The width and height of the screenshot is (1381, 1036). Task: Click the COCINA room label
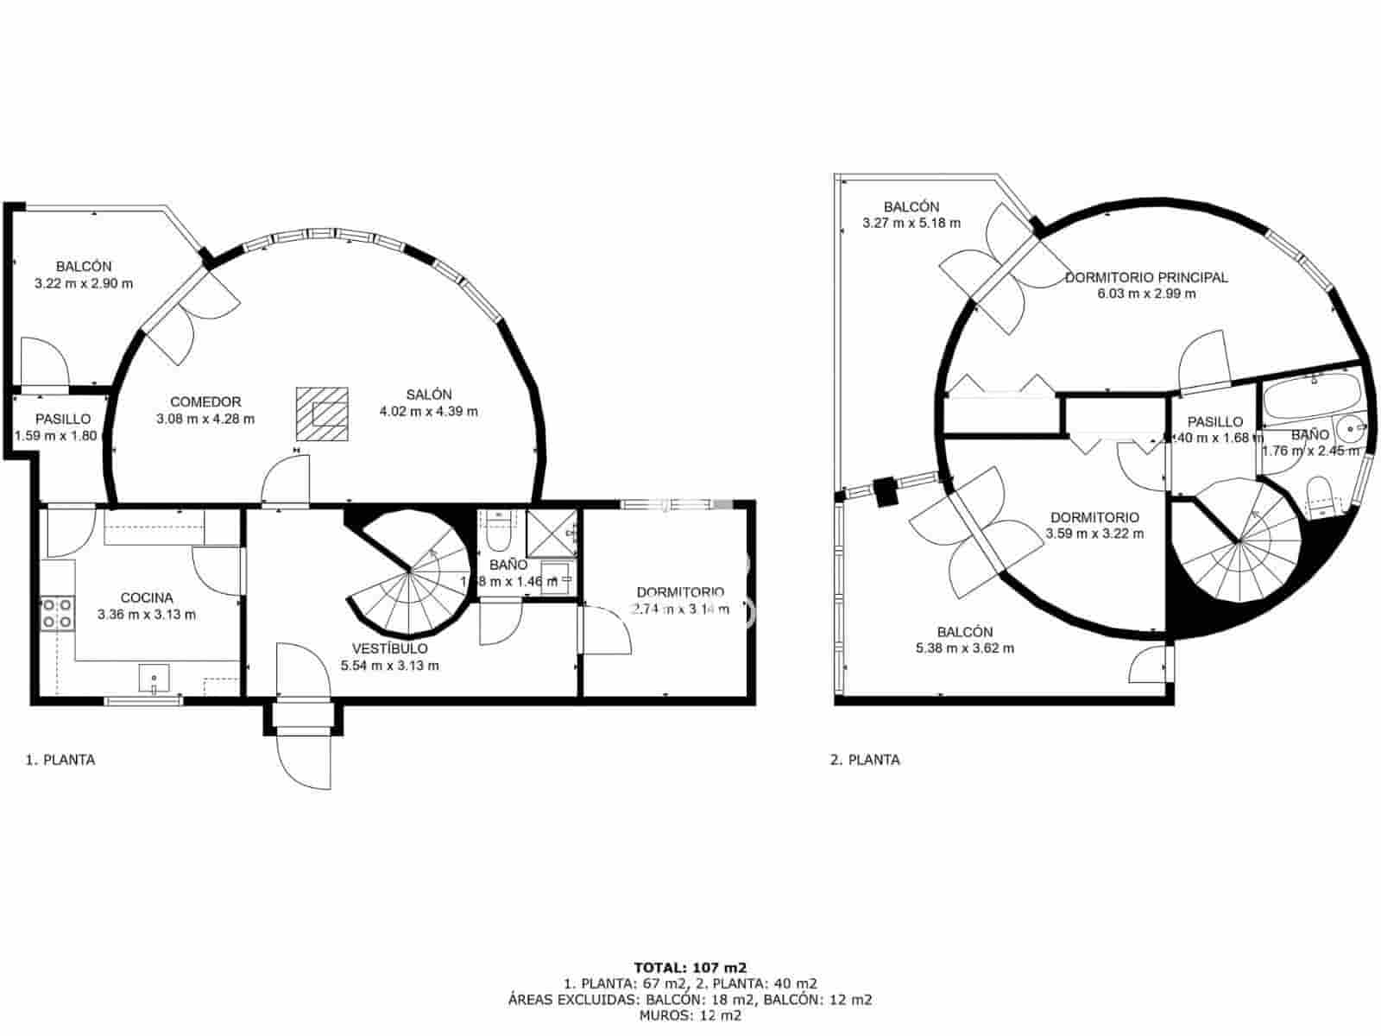click(x=146, y=597)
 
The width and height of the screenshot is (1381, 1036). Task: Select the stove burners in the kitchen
click(x=57, y=613)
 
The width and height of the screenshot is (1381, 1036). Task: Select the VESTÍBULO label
click(x=389, y=648)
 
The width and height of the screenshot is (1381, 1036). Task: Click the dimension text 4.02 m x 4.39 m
click(x=428, y=412)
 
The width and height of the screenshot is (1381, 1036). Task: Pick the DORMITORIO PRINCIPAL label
click(x=1145, y=277)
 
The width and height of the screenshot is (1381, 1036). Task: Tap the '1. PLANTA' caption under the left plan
click(x=60, y=760)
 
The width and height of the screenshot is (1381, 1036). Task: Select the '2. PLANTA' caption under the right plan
click(x=865, y=760)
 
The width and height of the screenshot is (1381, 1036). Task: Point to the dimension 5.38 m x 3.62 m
click(x=965, y=648)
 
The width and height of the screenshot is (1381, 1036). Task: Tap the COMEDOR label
click(x=205, y=401)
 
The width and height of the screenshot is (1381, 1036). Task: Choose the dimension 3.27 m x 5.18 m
click(x=911, y=223)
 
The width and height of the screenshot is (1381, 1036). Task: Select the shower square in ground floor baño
click(x=551, y=534)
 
